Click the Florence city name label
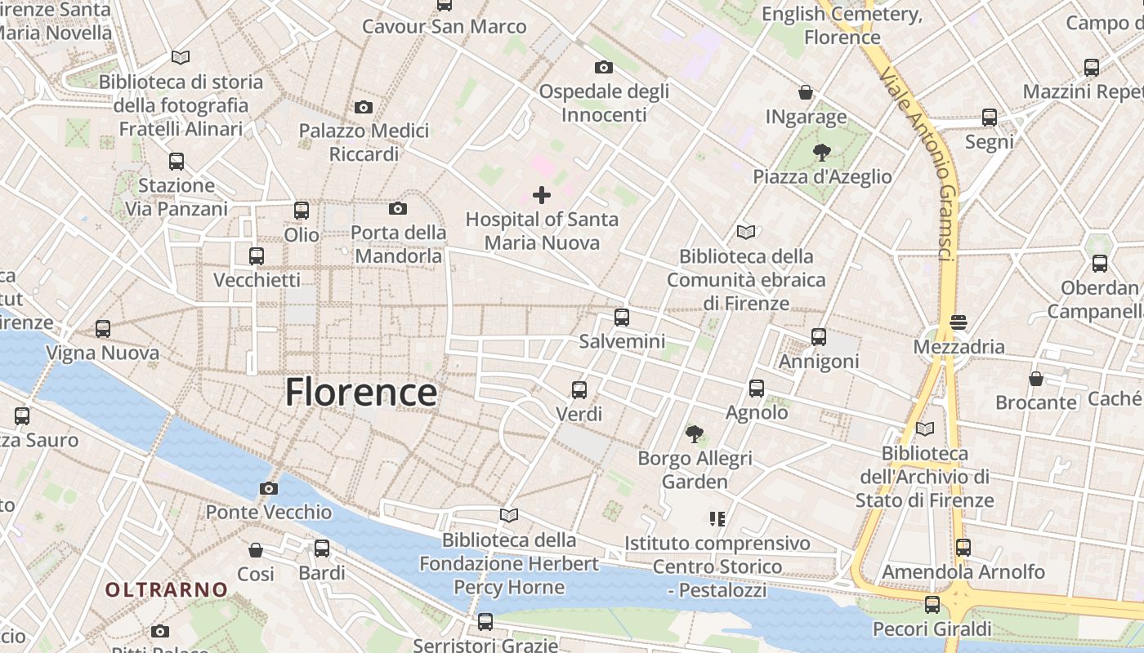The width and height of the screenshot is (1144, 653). (360, 393)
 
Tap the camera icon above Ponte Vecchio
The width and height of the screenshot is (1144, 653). (268, 488)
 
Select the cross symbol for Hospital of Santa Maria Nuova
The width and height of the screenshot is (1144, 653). (541, 195)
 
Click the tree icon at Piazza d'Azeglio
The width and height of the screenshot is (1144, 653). (822, 152)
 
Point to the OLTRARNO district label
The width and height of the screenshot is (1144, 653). (167, 589)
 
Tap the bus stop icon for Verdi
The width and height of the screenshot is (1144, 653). (579, 390)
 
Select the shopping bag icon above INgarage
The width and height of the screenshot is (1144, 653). (806, 92)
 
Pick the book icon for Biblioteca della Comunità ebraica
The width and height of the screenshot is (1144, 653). (745, 232)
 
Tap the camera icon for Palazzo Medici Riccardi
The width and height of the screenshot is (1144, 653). (364, 107)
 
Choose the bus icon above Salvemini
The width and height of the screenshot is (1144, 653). (622, 318)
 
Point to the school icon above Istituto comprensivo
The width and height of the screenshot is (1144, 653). (717, 518)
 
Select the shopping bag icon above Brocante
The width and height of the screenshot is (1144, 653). (1035, 379)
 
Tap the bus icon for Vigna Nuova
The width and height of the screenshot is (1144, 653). (103, 329)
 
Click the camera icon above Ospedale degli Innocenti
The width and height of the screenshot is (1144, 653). (604, 67)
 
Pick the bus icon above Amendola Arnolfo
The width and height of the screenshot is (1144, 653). (963, 547)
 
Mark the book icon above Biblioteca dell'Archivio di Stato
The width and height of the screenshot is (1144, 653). (925, 429)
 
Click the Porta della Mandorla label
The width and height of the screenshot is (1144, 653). (399, 244)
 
